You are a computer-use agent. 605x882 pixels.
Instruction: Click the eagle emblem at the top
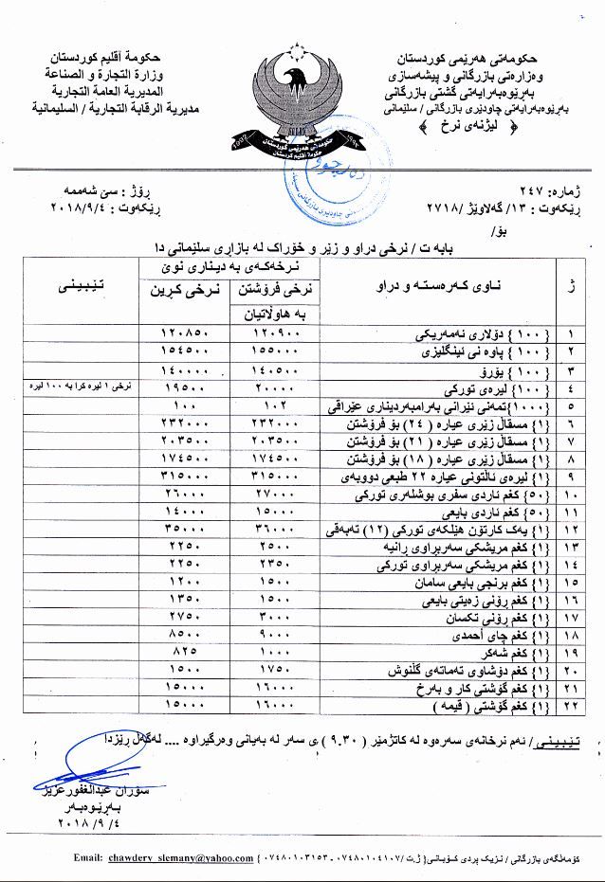coord(302,100)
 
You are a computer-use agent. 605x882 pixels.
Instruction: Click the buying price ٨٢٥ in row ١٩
coord(185,654)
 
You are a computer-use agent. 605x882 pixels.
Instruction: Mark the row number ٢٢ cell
coord(572,707)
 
